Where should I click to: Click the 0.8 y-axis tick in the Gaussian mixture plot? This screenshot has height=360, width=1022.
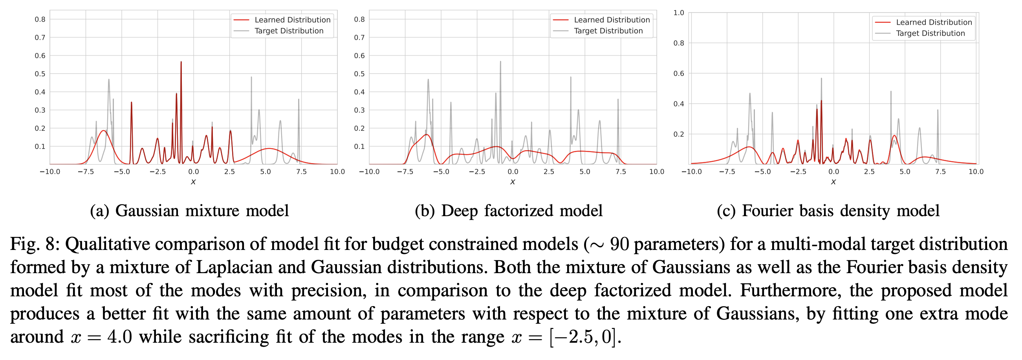click(x=40, y=19)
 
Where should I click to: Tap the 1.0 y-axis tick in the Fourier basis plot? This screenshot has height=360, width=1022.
click(x=678, y=13)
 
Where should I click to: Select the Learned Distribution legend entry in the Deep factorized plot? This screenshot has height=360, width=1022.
click(x=612, y=20)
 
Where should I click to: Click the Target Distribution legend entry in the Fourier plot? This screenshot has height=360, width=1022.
click(x=930, y=33)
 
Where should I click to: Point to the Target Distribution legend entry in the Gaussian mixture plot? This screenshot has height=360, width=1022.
click(x=288, y=31)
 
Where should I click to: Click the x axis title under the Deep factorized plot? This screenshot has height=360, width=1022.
click(x=513, y=182)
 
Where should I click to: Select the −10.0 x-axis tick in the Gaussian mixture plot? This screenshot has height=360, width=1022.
click(x=50, y=172)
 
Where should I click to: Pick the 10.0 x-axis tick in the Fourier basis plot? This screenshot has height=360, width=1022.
click(x=976, y=172)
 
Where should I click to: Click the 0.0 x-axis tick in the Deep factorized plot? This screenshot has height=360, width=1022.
click(x=513, y=172)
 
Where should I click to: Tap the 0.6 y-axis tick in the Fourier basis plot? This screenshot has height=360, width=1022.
click(x=678, y=73)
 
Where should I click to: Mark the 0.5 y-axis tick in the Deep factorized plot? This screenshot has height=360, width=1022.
click(x=359, y=74)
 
